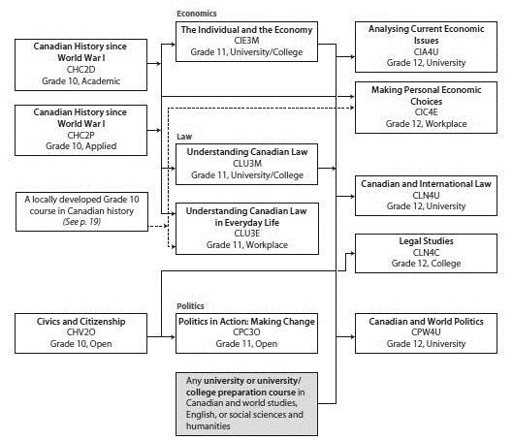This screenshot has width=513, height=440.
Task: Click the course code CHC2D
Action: [80, 70]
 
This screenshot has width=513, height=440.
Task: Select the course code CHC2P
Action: [80, 135]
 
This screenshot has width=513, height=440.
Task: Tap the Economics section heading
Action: [197, 14]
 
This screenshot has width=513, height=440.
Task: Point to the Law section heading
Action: [184, 137]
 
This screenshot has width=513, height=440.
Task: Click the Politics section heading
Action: [190, 306]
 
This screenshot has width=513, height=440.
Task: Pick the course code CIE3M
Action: [246, 41]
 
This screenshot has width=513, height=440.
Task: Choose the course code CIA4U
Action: [426, 51]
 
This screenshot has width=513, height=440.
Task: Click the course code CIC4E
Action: [426, 112]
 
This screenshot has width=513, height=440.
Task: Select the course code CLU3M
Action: [247, 163]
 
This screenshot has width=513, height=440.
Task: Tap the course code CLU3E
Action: [247, 233]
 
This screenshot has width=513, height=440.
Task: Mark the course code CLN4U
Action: [426, 195]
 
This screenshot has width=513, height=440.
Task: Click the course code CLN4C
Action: [426, 252]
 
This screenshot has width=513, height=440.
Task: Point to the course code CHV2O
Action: [80, 332]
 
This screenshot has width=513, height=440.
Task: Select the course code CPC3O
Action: [246, 332]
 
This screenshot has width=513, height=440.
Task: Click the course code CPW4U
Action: [426, 332]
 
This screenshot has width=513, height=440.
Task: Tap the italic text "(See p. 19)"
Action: [81, 222]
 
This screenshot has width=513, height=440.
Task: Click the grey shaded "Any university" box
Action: [246, 404]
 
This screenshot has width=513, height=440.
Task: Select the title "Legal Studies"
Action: [426, 241]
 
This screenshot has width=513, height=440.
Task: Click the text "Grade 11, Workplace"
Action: [247, 245]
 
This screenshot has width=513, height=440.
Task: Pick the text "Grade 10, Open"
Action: [80, 344]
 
